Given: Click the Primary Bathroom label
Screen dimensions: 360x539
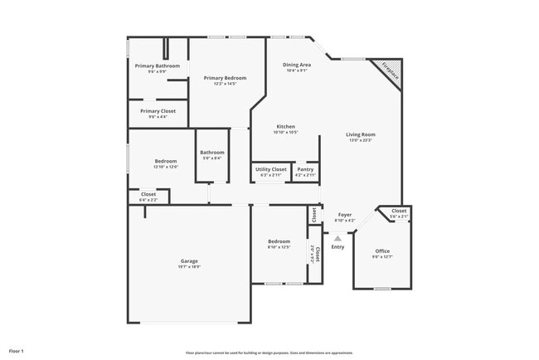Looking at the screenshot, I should click(x=158, y=66).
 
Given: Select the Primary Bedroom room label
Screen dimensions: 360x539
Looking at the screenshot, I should click(x=226, y=78).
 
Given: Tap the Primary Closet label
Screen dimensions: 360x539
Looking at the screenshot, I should click(x=158, y=111).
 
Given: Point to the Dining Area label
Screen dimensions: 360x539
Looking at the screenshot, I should click(x=297, y=65).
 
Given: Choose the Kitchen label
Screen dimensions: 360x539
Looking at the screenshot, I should click(x=285, y=127).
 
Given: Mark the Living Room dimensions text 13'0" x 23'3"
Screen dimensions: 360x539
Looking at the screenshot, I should click(x=361, y=140).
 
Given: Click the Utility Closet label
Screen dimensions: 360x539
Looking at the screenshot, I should click(x=271, y=169).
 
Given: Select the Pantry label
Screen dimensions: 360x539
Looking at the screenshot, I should click(x=305, y=169).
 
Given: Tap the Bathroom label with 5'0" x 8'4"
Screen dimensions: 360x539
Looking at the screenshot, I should click(x=211, y=153).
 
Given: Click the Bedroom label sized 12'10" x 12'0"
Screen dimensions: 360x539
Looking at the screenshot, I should click(x=166, y=161).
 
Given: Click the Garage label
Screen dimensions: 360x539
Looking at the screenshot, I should click(x=189, y=260).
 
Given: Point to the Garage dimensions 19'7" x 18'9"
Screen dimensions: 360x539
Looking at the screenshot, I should click(x=189, y=266).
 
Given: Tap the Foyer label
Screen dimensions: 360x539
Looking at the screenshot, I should click(x=344, y=215).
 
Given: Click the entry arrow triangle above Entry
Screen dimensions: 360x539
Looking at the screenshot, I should click(x=337, y=238).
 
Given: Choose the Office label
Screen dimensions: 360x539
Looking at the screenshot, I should click(x=381, y=251).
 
